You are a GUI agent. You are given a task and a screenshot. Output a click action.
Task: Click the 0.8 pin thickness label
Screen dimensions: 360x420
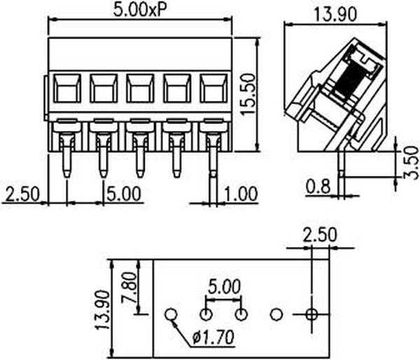[318, 187]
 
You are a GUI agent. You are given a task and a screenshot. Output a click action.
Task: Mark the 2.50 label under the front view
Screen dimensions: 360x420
[24, 193]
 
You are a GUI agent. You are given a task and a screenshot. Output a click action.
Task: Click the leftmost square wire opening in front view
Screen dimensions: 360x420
[66, 89]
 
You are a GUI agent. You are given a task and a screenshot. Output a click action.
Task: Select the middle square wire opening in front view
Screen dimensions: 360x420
[139, 89]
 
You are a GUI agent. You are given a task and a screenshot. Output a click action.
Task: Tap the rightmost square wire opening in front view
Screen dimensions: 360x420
[213, 89]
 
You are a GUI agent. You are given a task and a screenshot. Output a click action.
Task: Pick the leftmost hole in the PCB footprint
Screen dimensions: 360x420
[169, 314]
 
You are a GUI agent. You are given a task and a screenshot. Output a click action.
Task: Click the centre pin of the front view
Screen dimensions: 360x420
[139, 154]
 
